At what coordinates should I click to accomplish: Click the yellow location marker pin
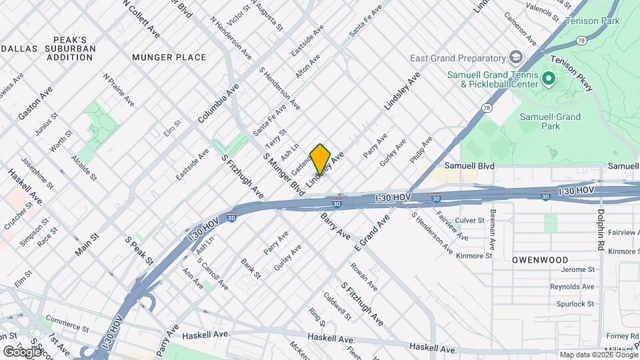tap(320, 159)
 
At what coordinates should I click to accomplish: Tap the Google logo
tap(22, 351)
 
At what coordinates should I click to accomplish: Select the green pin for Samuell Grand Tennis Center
tap(549, 79)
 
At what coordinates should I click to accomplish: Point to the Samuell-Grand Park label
tap(550, 121)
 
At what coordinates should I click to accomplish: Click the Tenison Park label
tap(592, 21)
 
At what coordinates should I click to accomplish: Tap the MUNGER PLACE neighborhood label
tap(169, 57)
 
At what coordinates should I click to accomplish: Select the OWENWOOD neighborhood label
tap(540, 259)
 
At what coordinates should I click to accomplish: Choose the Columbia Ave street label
tap(218, 103)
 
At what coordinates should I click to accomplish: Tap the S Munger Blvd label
tap(283, 175)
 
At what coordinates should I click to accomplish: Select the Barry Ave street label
tap(335, 227)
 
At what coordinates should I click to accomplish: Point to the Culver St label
tap(469, 220)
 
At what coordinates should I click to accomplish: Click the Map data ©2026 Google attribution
tap(598, 355)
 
